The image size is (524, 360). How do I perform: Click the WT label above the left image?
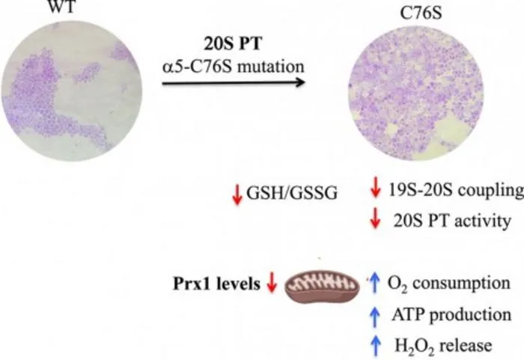pos(62,6)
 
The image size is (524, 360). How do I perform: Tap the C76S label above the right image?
pos(421,13)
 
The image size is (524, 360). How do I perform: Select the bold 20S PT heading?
pos(233,44)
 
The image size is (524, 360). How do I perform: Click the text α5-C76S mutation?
pos(234,66)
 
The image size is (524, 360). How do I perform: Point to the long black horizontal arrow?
pos(234,82)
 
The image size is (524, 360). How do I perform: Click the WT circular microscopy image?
pos(72,91)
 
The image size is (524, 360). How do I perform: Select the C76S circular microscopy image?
pos(416,94)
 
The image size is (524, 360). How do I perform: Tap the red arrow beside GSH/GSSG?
pos(237,195)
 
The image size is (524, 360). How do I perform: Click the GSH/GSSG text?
pos(292,193)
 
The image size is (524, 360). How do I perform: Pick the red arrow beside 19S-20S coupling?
pos(375,188)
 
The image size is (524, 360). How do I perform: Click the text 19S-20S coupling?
pos(456,191)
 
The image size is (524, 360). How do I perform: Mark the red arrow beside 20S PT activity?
pos(375,218)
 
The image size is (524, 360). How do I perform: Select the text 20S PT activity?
pos(452,221)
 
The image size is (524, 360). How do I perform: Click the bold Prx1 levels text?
pos(216,284)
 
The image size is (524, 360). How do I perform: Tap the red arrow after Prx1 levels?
pos(272,282)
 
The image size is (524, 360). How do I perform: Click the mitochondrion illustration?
pos(323,287)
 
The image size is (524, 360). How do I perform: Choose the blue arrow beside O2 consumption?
pos(375,283)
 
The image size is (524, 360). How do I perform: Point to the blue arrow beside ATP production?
pos(375,317)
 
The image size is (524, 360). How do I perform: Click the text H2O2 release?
pos(443,346)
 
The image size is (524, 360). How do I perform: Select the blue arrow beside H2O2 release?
pos(376,346)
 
